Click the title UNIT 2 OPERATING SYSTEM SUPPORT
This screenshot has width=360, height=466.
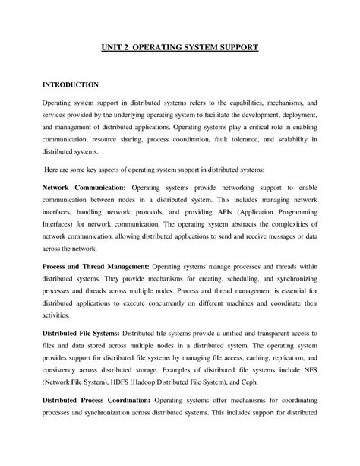coord(181,47)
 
